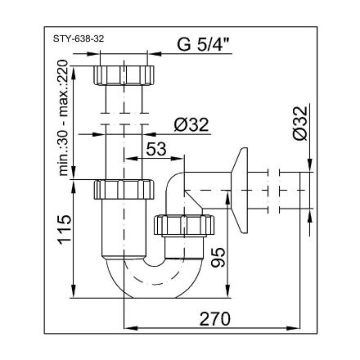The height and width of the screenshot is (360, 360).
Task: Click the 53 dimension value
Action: coord(158,148)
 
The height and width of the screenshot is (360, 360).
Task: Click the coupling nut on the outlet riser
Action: coord(181,223)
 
